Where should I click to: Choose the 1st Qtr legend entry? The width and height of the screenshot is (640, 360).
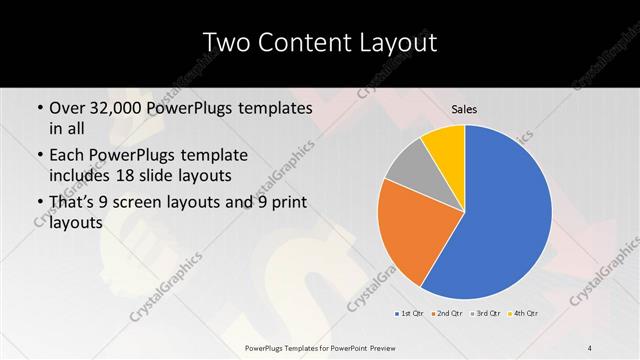(411, 314)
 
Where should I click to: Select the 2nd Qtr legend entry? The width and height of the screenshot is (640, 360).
(446, 314)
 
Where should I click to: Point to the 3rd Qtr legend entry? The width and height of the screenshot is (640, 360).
(485, 314)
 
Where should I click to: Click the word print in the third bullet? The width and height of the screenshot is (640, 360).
(288, 201)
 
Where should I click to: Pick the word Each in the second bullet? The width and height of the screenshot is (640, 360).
(67, 155)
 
